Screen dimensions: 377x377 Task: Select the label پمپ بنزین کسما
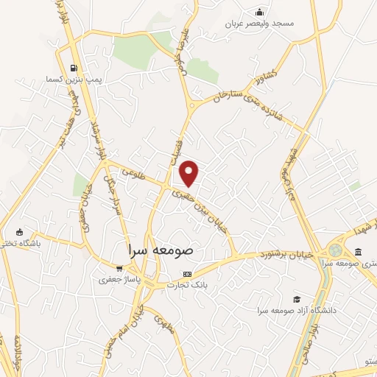pos(71,78)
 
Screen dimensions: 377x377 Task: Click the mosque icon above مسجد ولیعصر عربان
pos(258,12)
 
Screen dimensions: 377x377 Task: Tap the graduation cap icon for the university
pos(296,299)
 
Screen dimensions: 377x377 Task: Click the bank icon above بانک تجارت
pos(186,274)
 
